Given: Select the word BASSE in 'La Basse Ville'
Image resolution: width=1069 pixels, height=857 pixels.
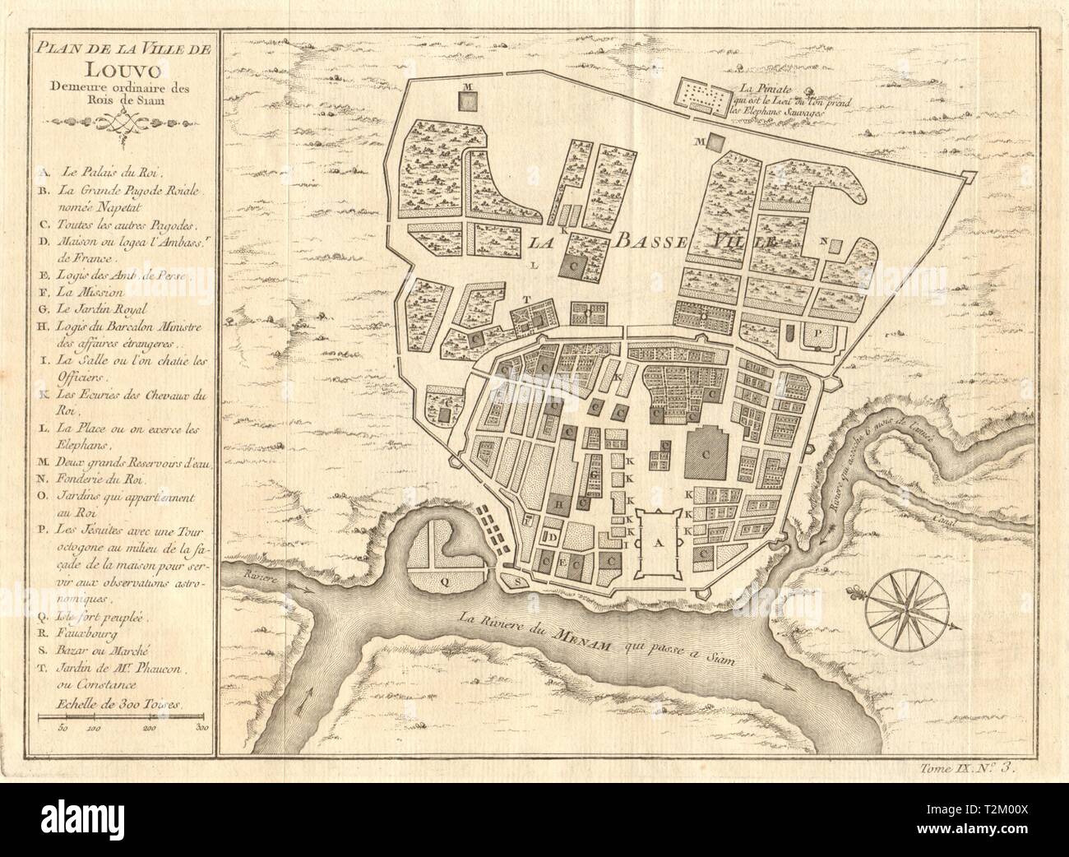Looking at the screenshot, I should point(645,242).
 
